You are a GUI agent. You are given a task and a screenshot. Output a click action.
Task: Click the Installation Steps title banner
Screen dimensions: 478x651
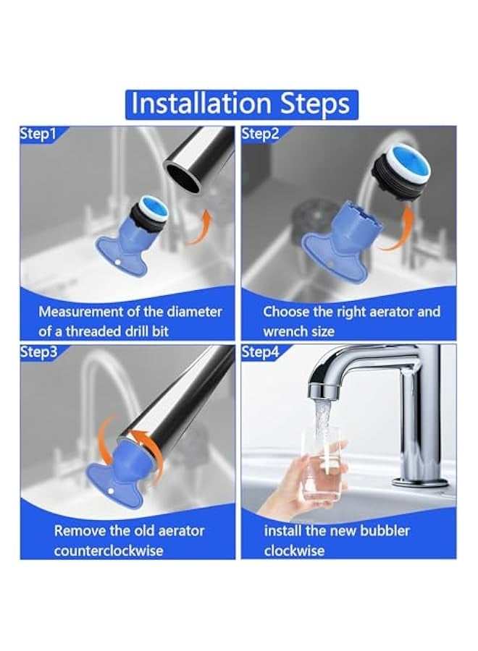(241, 104)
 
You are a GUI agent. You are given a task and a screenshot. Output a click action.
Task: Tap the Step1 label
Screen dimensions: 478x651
(38, 134)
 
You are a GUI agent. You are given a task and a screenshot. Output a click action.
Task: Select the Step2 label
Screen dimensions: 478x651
(261, 134)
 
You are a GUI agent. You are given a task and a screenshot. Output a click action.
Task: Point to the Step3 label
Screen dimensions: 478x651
(38, 352)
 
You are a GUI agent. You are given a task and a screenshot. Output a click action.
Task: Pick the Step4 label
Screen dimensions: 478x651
(261, 352)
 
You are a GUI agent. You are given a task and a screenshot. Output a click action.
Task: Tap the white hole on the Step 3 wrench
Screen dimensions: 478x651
(111, 491)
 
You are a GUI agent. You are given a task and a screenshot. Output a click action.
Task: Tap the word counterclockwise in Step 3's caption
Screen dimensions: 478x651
(109, 551)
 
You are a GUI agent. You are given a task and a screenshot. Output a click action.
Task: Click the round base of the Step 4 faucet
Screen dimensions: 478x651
(420, 482)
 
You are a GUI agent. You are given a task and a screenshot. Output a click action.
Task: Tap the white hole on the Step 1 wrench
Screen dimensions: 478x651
(118, 263)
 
